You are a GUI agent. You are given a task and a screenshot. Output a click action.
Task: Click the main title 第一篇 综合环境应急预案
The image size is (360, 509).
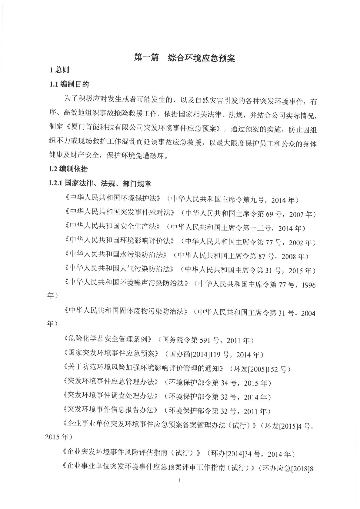(184, 58)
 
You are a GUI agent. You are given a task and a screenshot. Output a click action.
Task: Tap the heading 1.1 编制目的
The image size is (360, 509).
(69, 85)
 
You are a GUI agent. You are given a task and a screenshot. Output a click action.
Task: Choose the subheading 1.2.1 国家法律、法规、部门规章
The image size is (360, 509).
(100, 184)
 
